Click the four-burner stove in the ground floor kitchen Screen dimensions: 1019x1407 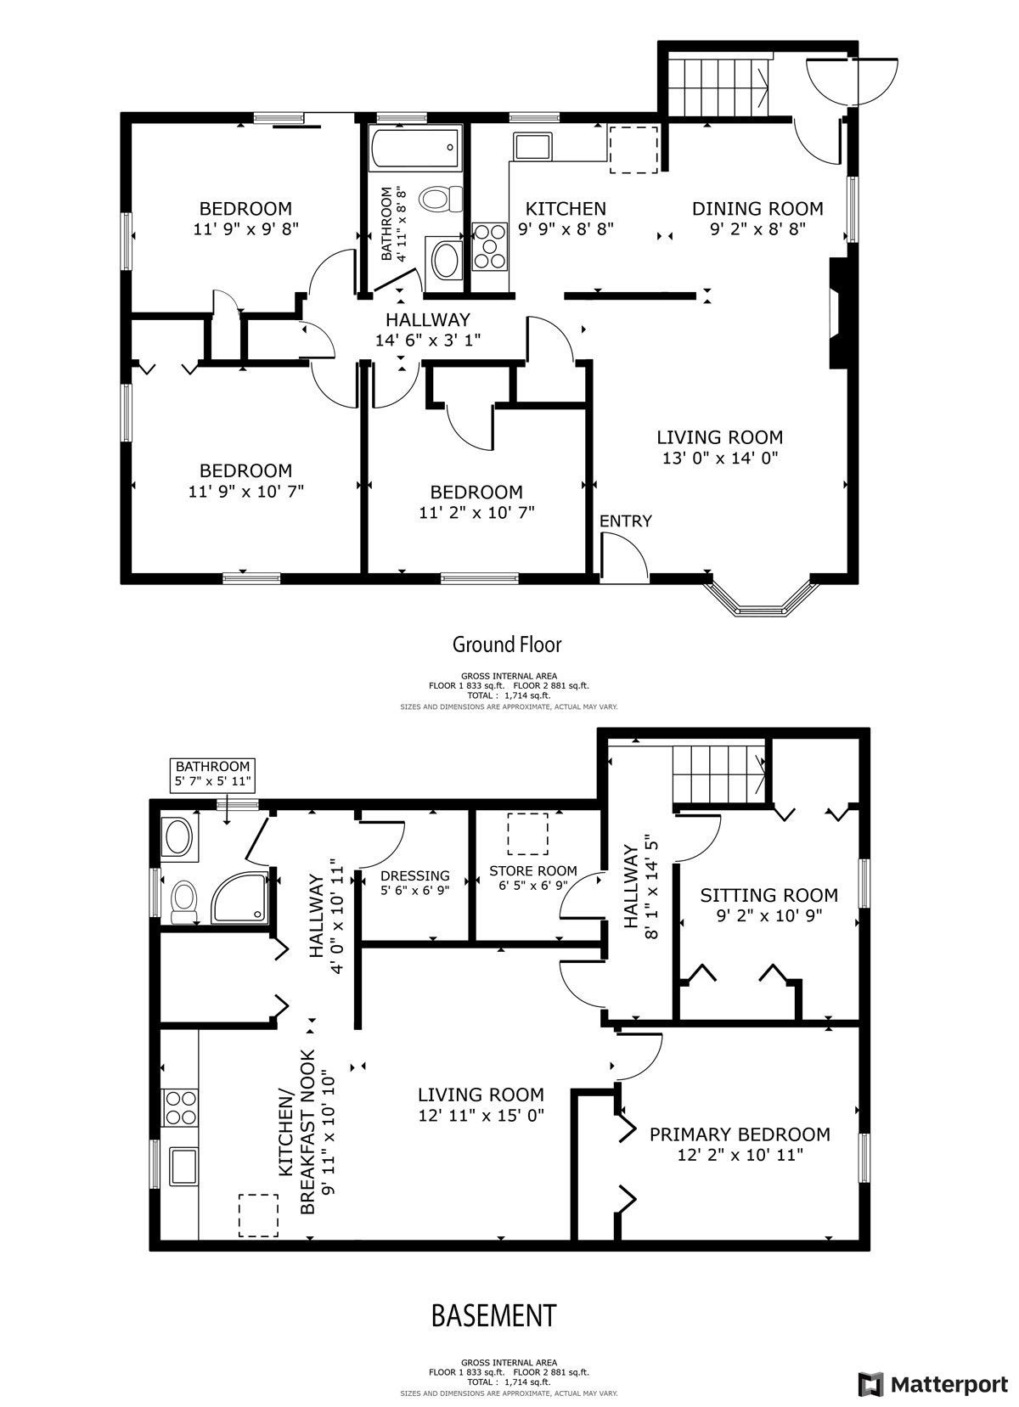489,247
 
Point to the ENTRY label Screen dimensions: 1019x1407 625,521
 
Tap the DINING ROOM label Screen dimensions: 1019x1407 757,209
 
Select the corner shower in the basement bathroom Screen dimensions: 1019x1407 240,897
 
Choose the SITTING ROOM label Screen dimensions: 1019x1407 769,895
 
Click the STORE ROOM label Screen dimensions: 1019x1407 532,870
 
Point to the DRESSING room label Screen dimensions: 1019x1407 414,875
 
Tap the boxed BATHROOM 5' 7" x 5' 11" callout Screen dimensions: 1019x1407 212,774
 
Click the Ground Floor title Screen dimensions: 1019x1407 507,644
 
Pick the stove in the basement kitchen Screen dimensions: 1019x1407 180,1107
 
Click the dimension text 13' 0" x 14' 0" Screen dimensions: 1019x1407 720,458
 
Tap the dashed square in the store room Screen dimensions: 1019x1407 527,834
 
